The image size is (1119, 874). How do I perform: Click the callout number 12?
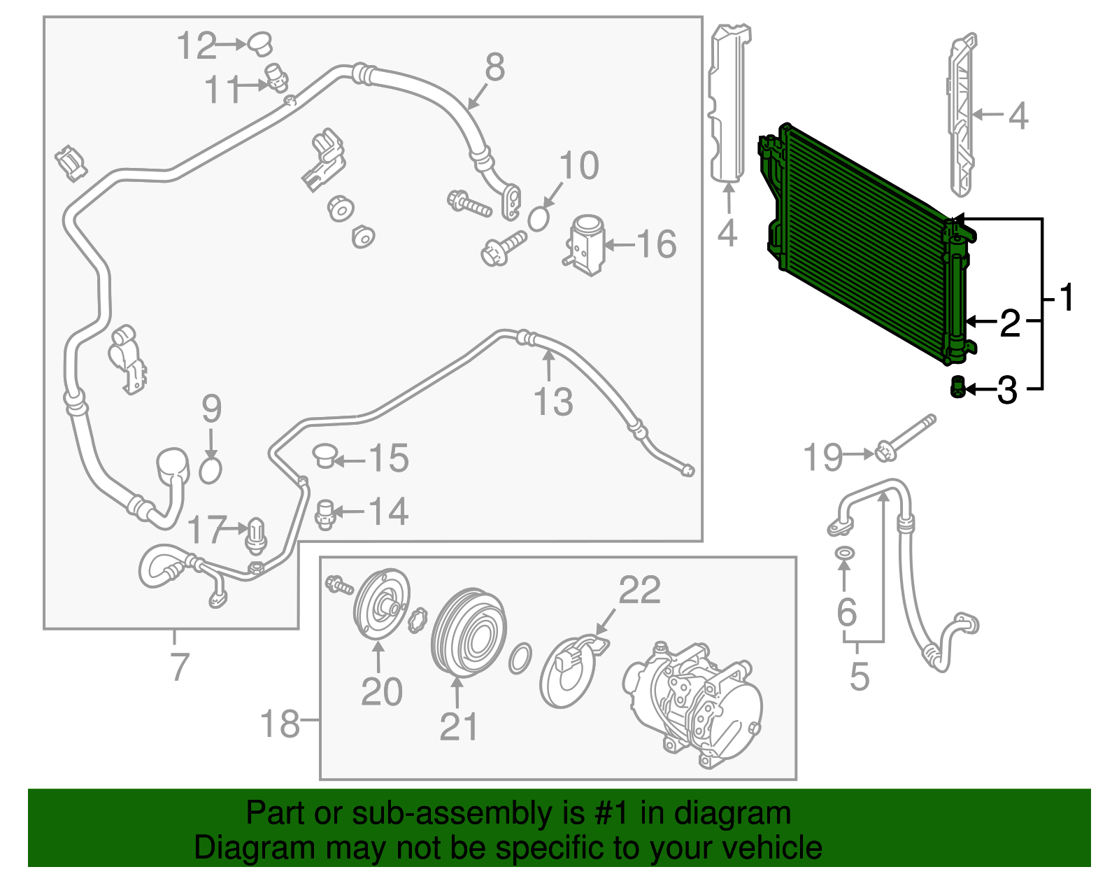click(197, 45)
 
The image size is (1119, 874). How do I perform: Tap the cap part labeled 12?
click(260, 43)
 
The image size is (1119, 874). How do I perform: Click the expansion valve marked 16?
click(585, 245)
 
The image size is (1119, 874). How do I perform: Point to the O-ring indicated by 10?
click(538, 219)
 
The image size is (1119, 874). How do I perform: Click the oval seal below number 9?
click(210, 470)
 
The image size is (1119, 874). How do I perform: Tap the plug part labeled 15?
click(325, 456)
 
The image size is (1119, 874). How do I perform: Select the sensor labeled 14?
click(325, 514)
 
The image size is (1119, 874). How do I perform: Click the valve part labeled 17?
click(257, 535)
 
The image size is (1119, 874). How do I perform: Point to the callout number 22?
click(639, 590)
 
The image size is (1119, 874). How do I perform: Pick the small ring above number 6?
click(845, 554)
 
